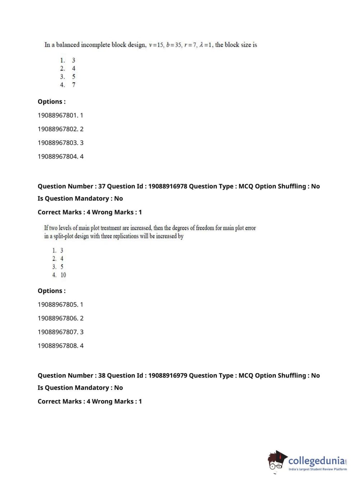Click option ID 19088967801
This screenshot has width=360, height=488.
60,115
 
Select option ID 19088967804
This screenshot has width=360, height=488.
60,157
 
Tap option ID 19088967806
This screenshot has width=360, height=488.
60,318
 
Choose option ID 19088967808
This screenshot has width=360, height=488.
60,345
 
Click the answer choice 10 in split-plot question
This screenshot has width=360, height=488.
63,275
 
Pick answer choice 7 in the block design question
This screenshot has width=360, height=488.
73,85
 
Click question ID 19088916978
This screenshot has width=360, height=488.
167,186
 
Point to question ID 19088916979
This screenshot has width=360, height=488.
167,375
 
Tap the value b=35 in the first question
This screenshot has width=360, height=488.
174,45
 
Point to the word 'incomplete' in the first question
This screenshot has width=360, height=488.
95,45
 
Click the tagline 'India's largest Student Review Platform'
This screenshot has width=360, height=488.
318,469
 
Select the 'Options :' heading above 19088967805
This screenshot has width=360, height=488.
52,291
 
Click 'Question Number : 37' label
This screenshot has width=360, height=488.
72,186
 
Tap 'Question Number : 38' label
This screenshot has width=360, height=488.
72,375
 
